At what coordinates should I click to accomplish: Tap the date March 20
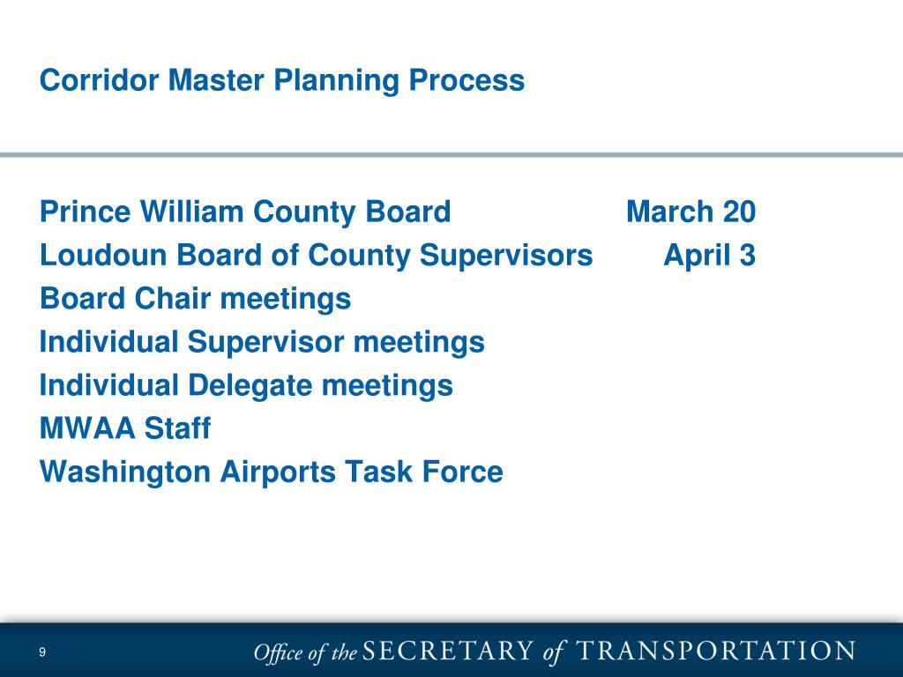[x=690, y=212]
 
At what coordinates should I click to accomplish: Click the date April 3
[x=709, y=256]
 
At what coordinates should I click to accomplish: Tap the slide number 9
[x=41, y=653]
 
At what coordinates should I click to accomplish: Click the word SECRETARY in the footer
[x=448, y=652]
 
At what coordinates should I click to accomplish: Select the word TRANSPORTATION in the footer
[x=715, y=652]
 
